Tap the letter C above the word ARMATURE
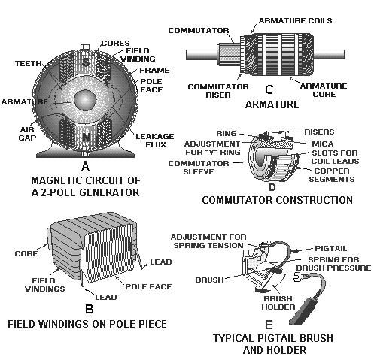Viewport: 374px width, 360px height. pos(267,96)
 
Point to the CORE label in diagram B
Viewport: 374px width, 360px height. pos(26,253)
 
